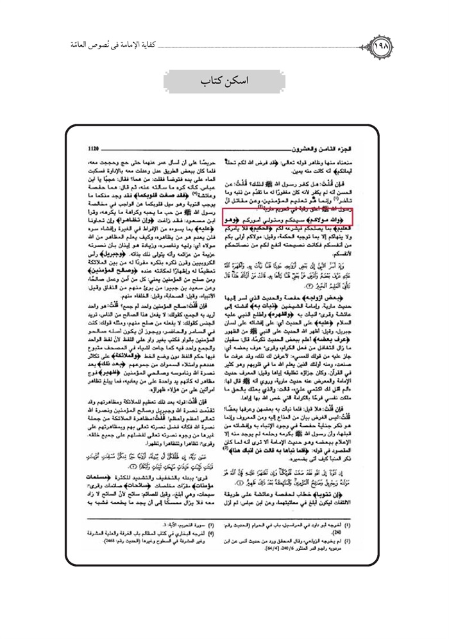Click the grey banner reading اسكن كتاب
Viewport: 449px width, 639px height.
(x=224, y=83)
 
